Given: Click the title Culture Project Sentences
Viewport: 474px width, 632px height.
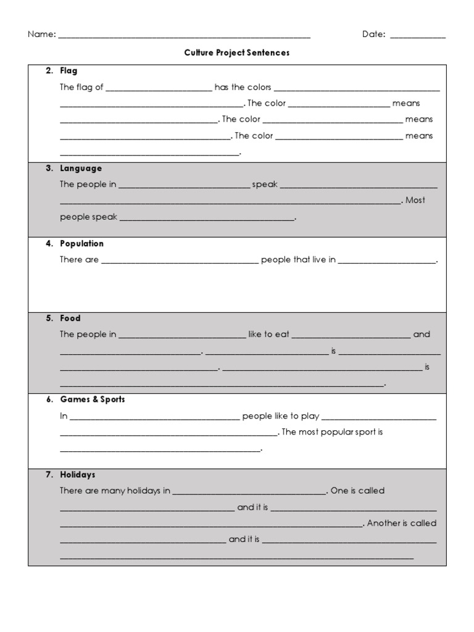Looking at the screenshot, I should (237, 53).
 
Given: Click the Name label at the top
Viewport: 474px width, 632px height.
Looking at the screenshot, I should (41, 35).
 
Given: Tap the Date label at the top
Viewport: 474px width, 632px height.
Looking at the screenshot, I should (373, 35).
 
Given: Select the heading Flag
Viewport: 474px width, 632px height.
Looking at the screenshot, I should (69, 71).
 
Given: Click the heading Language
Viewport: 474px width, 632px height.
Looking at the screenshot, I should (81, 168).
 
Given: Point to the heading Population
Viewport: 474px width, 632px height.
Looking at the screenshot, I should (81, 244).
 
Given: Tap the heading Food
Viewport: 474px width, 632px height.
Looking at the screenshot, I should (70, 318).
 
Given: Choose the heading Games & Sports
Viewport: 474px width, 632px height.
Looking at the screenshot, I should (93, 399).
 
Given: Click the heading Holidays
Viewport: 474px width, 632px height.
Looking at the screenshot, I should (78, 475).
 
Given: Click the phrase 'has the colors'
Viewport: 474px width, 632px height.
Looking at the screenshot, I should (243, 88).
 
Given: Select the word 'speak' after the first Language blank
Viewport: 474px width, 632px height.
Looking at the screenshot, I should (265, 184).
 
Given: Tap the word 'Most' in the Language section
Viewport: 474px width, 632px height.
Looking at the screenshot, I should (415, 200).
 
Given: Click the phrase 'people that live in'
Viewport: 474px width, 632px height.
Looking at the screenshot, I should (298, 260).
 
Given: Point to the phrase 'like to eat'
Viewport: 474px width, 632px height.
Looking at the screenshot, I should (268, 335).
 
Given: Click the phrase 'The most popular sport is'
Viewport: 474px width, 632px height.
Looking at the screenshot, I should (332, 432).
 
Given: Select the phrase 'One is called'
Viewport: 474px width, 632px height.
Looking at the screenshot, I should (357, 491).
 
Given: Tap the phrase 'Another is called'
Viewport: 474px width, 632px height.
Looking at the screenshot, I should (402, 523).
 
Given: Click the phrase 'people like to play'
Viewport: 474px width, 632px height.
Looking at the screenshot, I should (280, 416).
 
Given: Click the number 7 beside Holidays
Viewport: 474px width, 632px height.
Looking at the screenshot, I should (49, 475).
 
